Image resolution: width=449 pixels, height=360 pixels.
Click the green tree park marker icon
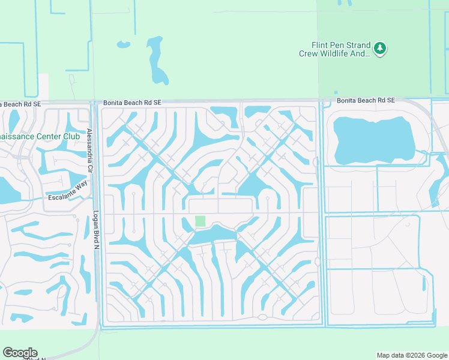click(x=379, y=48)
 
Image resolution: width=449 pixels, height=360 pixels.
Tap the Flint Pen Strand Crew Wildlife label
click(x=335, y=49)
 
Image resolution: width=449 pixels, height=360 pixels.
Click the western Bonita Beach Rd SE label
click(x=132, y=103)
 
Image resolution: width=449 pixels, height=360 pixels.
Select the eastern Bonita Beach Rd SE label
click(x=366, y=100)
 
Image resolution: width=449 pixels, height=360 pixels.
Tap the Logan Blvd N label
click(x=95, y=229)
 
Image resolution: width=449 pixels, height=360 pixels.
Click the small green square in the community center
click(x=200, y=221)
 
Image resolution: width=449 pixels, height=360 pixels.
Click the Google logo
click(x=20, y=353)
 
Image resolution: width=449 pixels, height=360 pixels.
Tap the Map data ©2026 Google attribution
click(x=411, y=355)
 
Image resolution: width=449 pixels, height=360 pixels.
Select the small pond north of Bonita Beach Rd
click(x=123, y=44)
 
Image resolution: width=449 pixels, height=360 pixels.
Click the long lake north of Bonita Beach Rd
click(x=157, y=60)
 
